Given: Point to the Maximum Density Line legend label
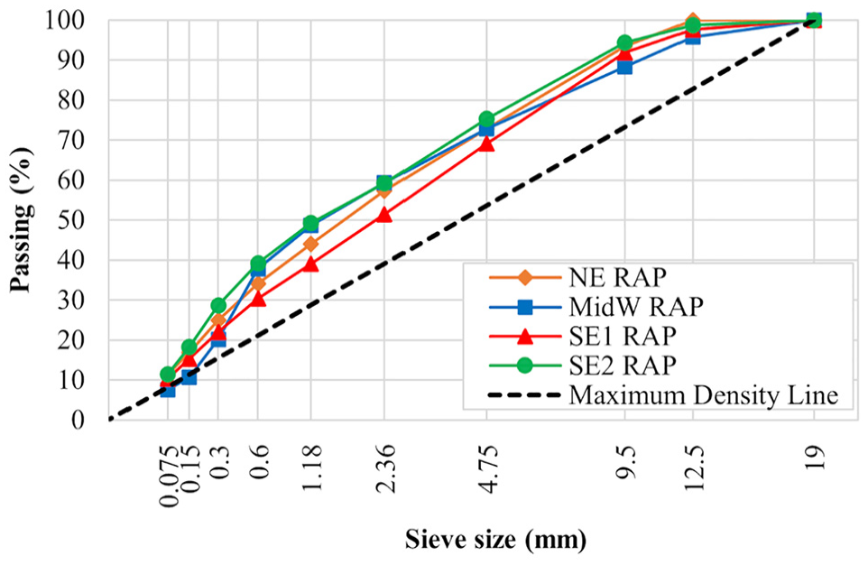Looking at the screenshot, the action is pyautogui.click(x=704, y=395).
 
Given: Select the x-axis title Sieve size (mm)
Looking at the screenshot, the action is pyautogui.click(x=495, y=539).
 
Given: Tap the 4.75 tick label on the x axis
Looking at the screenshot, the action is pyautogui.click(x=486, y=467).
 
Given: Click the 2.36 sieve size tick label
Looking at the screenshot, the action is pyautogui.click(x=384, y=467).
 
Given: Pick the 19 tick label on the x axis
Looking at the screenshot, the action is pyautogui.click(x=814, y=457).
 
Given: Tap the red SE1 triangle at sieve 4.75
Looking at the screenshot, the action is pyautogui.click(x=486, y=144).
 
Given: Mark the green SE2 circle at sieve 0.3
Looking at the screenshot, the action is pyautogui.click(x=218, y=305).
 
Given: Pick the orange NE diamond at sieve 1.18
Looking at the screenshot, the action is pyautogui.click(x=310, y=244).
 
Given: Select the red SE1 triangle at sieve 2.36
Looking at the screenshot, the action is pyautogui.click(x=384, y=215).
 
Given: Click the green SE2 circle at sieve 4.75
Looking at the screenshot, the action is pyautogui.click(x=486, y=118).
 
